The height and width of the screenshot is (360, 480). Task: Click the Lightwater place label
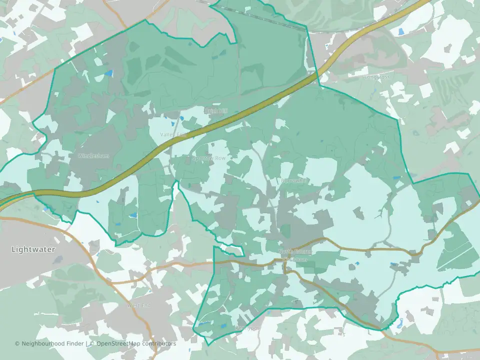click(x=33, y=249)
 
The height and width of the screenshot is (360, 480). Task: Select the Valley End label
click(x=173, y=135)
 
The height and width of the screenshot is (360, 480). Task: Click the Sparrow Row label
click(x=209, y=158)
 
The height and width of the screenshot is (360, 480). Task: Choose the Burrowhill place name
click(x=295, y=180)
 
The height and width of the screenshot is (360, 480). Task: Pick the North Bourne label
click(x=295, y=251)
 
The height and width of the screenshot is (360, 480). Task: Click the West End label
click(x=139, y=305)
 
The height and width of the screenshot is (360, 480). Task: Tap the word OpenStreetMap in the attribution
click(x=118, y=344)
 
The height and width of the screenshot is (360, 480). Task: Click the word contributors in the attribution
click(x=158, y=344)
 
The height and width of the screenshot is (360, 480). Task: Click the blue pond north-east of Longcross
click(x=400, y=31)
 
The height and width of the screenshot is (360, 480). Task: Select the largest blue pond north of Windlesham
click(x=108, y=73)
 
